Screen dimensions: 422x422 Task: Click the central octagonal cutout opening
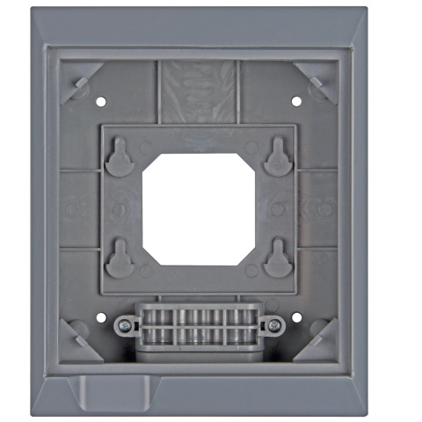coord(198,209)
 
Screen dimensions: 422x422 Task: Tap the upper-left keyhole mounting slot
coord(119,159)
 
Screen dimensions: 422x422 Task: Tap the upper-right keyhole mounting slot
coord(275,159)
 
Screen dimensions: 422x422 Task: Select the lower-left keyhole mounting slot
coord(119,258)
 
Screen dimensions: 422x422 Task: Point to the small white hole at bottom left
coord(100,316)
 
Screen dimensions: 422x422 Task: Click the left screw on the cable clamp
coord(124,326)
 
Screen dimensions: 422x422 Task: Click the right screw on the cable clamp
coord(273,326)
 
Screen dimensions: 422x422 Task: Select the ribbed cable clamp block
coord(198,326)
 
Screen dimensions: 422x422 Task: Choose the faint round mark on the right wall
coord(324,210)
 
